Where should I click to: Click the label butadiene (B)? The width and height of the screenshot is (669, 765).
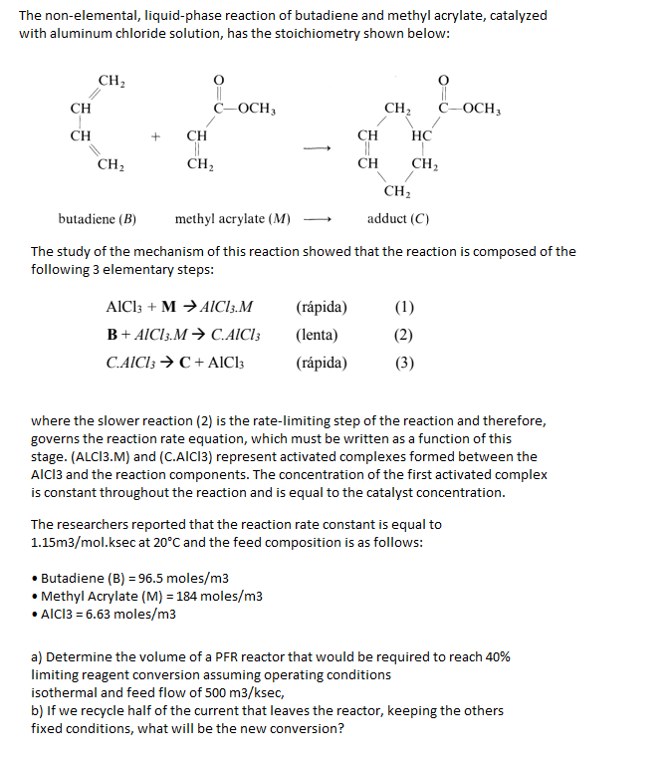coord(98,218)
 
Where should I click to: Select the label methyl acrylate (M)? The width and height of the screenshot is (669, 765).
coord(233,218)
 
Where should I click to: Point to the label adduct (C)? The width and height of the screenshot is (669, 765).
coord(399,218)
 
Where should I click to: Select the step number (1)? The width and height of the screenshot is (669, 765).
coord(404,307)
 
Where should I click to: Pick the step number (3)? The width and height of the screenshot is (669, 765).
coord(404,363)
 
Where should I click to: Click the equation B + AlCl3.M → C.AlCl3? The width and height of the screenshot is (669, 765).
coord(179,335)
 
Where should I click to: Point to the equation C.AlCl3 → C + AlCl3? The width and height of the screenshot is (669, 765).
coord(174,363)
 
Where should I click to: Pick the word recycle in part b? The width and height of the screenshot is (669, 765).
coord(107,711)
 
